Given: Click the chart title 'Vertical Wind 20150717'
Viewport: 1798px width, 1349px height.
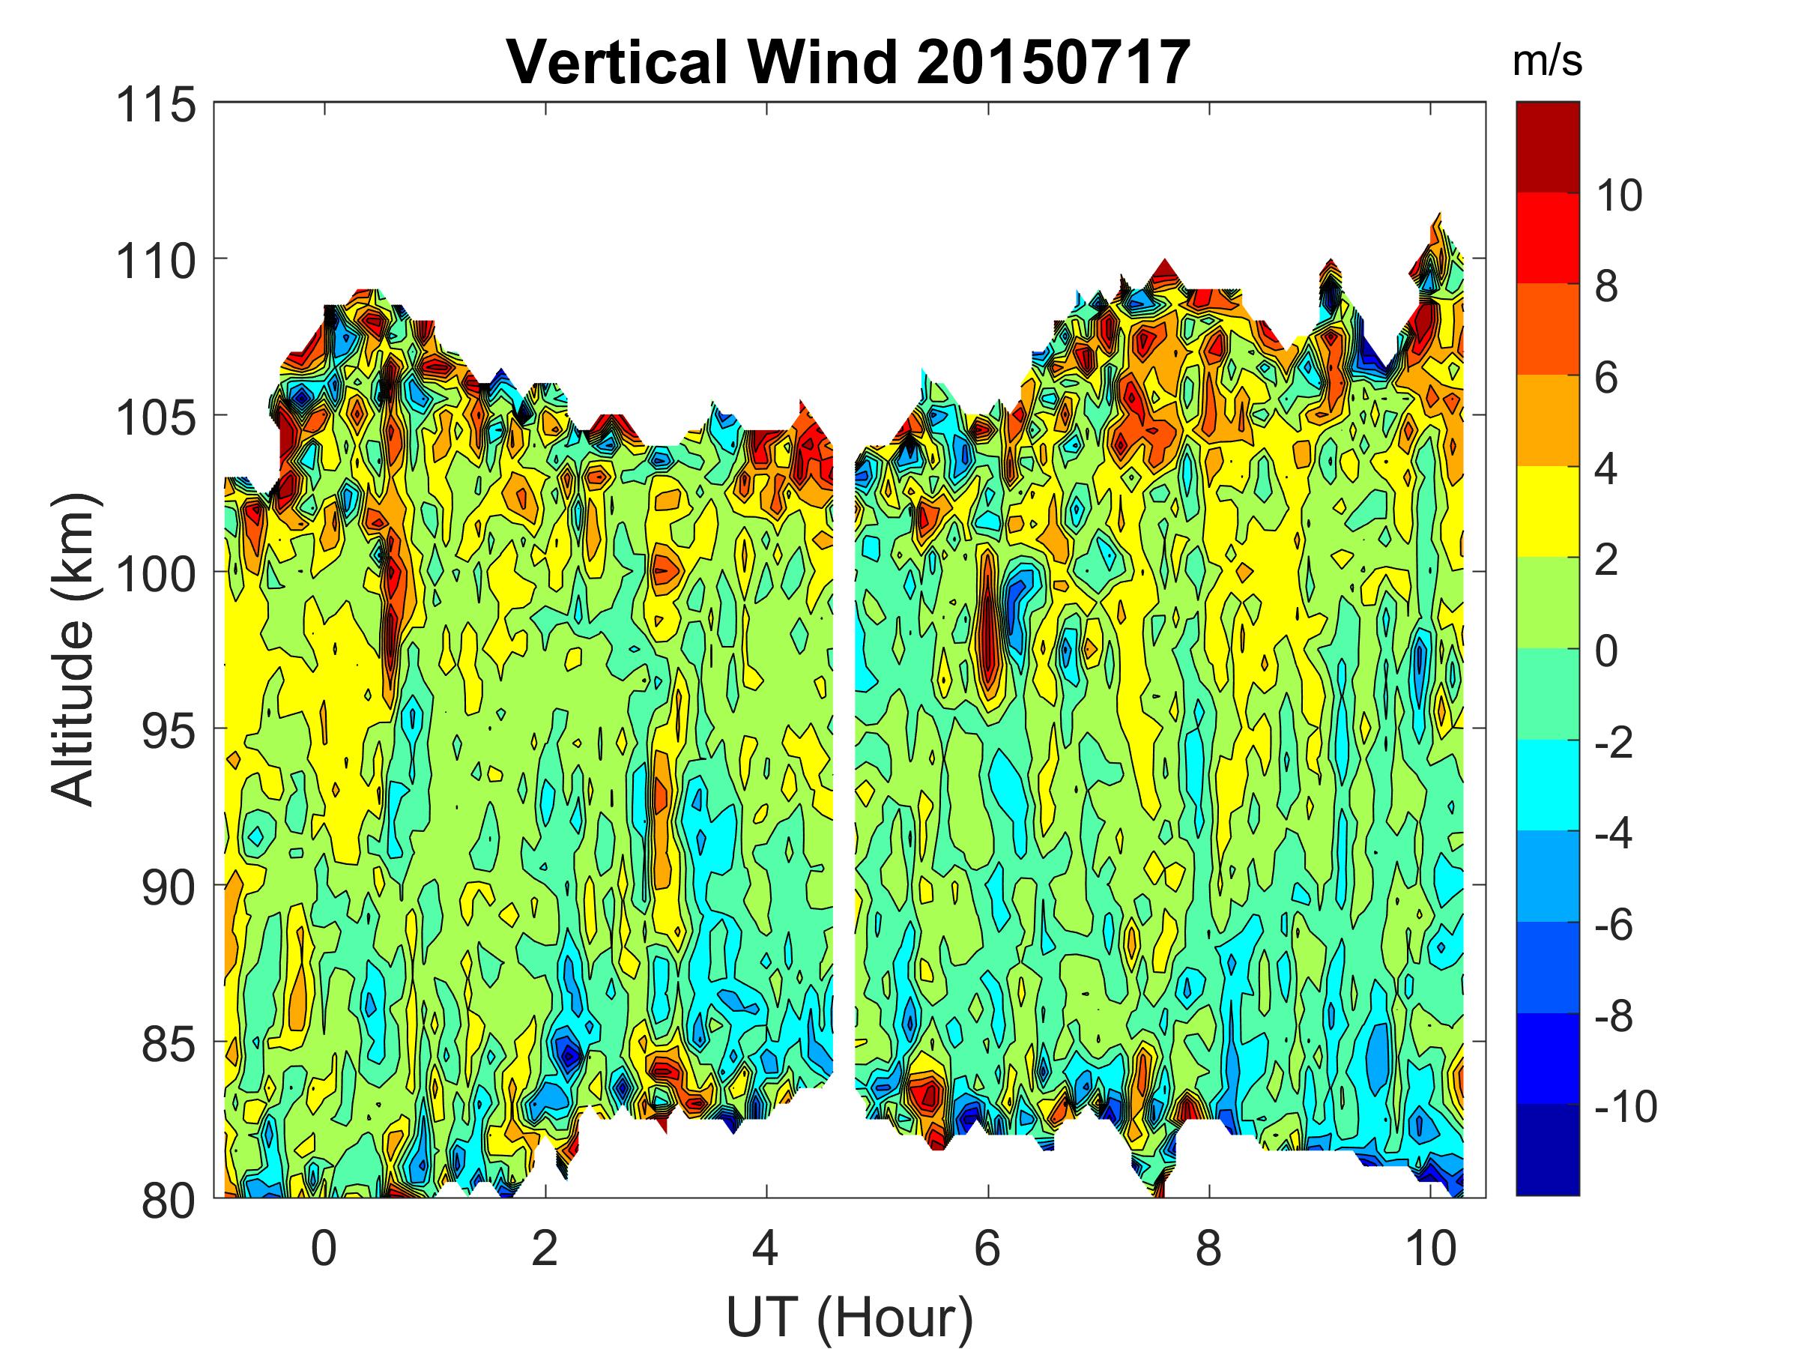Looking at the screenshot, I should click(x=849, y=63).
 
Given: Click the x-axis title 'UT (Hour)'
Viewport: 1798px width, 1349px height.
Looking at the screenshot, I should click(x=849, y=1317).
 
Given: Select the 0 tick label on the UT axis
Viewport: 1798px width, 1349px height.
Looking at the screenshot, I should click(x=324, y=1248).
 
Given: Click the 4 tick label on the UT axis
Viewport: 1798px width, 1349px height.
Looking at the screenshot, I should click(x=766, y=1248).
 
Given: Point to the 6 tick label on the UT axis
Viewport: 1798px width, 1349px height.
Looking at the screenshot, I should click(x=987, y=1248).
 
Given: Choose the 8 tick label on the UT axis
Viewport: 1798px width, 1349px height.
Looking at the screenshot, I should click(x=1208, y=1248).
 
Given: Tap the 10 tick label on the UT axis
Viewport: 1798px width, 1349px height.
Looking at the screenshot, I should click(x=1431, y=1248).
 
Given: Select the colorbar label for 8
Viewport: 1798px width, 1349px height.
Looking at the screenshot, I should click(x=1606, y=287).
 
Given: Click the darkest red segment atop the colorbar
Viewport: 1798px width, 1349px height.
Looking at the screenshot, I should click(x=1548, y=146).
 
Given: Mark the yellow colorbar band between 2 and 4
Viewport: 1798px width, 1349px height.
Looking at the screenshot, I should click(x=1548, y=511).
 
